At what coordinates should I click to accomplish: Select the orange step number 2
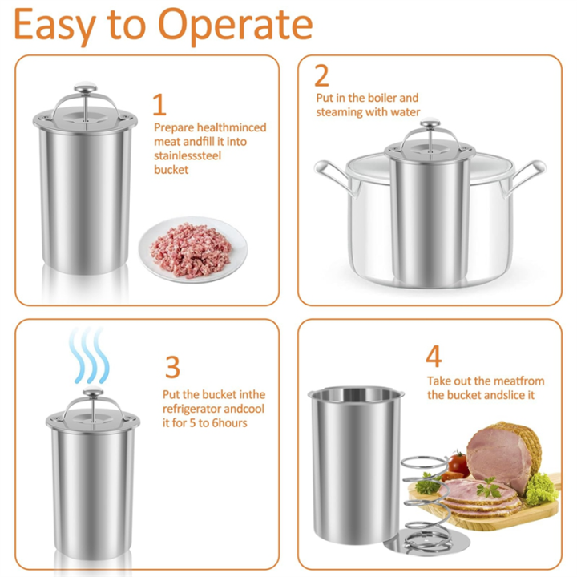pos(322,76)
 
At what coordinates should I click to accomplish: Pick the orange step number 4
pos(434,357)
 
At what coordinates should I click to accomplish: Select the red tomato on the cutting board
pos(458,462)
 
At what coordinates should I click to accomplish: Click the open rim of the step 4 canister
pos(356,395)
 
